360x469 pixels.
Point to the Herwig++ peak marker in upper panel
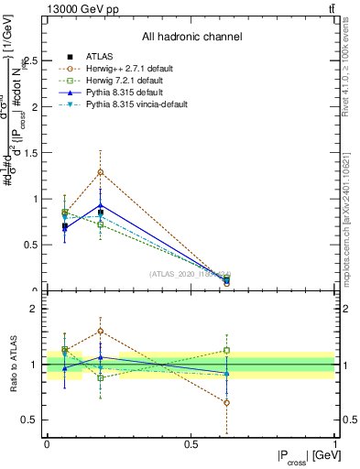click(101, 172)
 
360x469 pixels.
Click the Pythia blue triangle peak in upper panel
click(101, 205)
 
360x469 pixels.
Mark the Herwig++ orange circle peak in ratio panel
click(101, 331)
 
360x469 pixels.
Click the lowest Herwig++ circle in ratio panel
click(226, 402)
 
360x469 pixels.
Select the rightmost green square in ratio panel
click(226, 350)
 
